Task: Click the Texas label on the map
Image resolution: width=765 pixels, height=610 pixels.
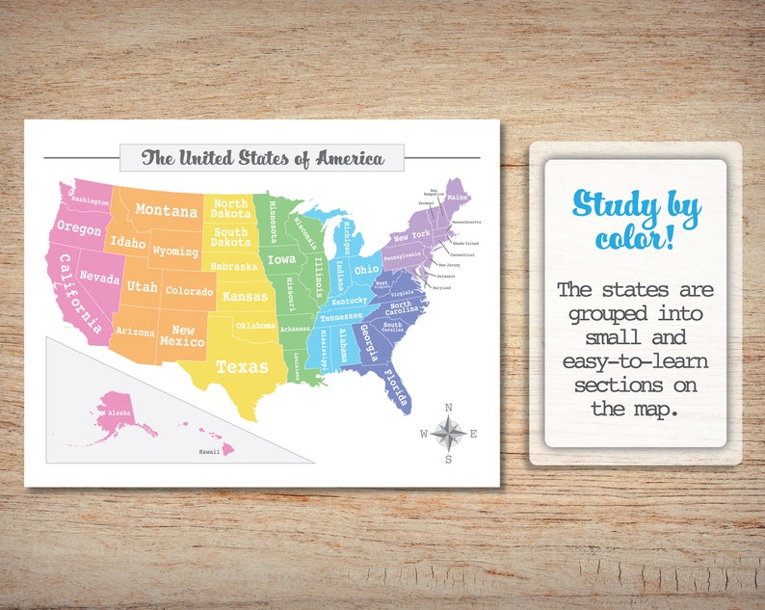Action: click(242, 366)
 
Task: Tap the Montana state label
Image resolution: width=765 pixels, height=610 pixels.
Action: click(166, 209)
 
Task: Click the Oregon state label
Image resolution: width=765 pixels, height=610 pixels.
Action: click(78, 228)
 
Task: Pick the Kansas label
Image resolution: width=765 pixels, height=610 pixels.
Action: click(245, 296)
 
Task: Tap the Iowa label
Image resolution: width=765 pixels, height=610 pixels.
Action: click(281, 259)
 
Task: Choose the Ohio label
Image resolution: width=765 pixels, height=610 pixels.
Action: click(366, 270)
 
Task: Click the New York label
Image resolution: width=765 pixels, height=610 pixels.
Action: click(412, 236)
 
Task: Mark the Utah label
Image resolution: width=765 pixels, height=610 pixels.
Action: click(142, 286)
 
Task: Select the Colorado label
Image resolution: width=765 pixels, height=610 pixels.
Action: click(188, 290)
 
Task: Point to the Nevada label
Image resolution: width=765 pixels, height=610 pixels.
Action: click(99, 277)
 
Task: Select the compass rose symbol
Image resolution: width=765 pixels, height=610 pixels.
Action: click(448, 432)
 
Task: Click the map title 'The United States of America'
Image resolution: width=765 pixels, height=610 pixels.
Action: click(261, 158)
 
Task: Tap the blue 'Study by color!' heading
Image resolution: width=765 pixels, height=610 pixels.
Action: click(635, 218)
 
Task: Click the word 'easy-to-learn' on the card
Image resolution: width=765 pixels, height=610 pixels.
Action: click(635, 360)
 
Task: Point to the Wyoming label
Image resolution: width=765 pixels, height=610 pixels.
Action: click(175, 252)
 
